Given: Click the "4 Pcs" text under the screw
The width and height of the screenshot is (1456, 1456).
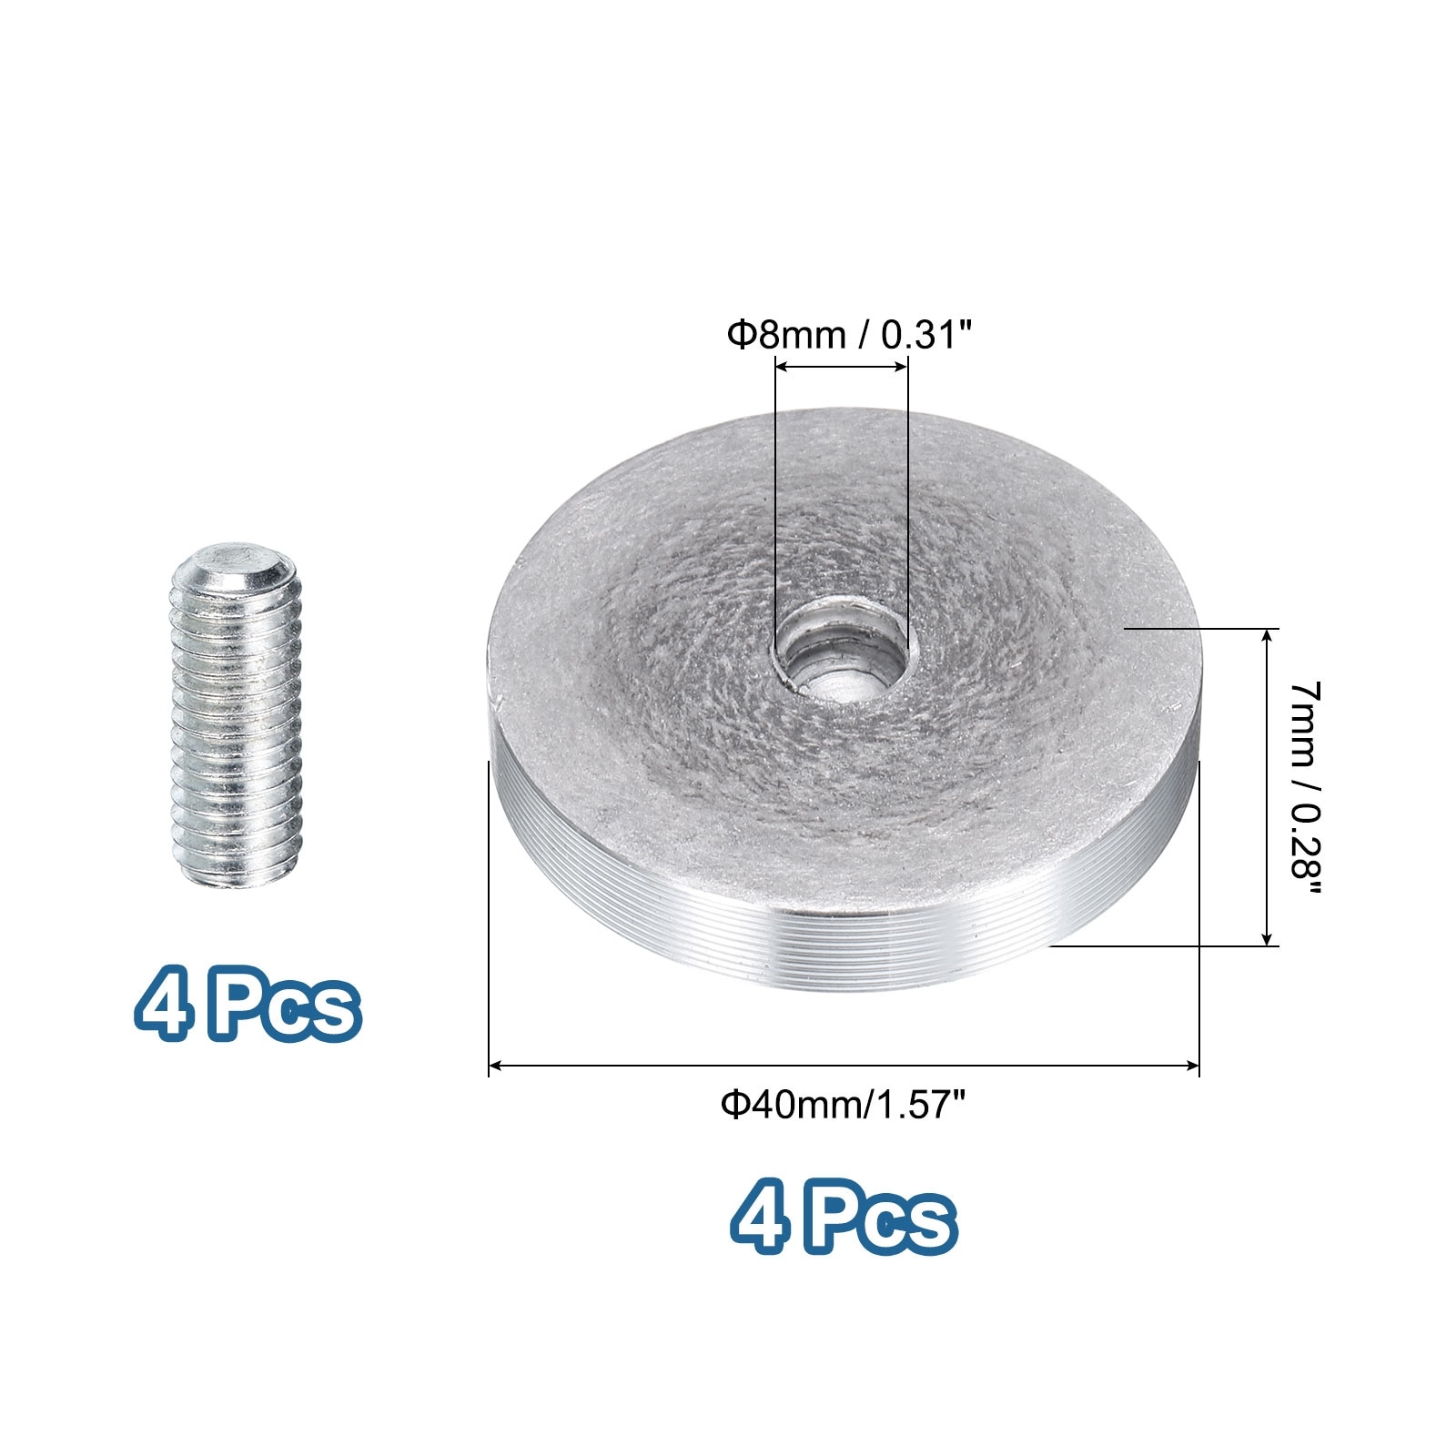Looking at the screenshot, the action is coord(248,1007).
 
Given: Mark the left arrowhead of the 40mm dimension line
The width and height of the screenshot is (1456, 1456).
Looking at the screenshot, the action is coord(496,1065).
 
